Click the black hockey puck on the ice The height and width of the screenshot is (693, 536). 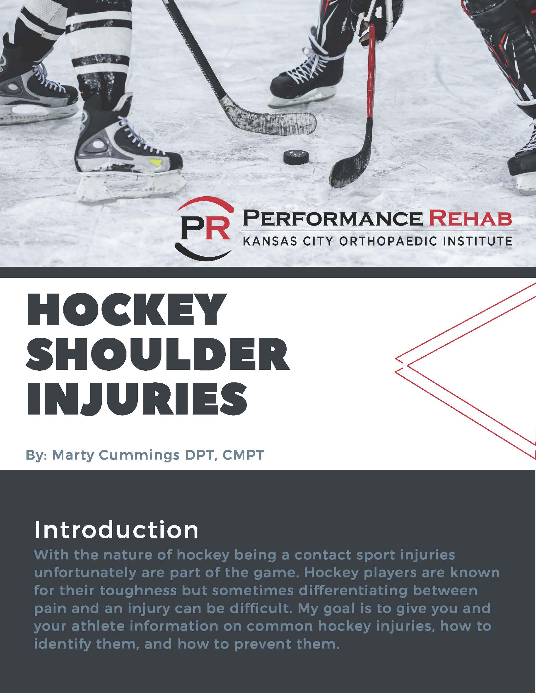pos(296,157)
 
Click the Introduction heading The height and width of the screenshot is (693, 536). pos(116,530)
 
